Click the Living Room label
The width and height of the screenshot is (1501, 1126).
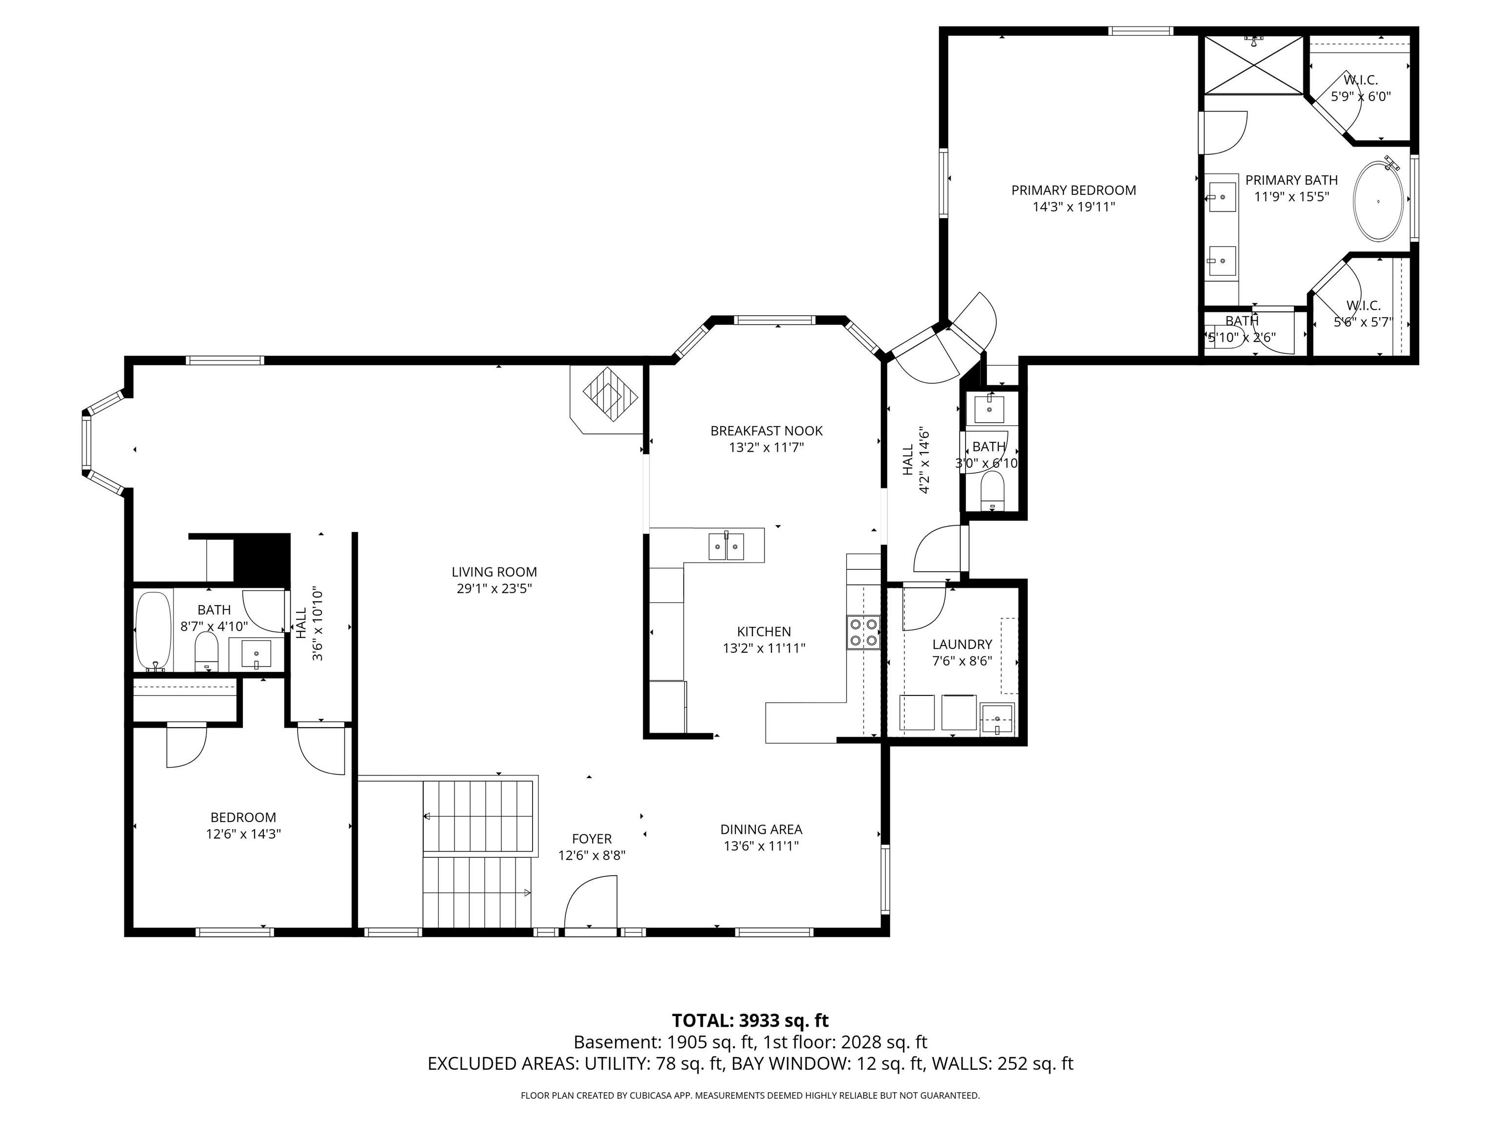click(x=494, y=572)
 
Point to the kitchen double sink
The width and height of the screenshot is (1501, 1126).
click(x=726, y=546)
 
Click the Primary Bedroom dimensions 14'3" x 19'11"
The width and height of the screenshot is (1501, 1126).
click(x=1073, y=207)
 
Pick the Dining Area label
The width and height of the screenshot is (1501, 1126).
click(x=761, y=829)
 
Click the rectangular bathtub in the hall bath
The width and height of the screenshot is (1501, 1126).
click(x=154, y=631)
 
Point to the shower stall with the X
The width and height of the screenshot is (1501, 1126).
click(x=1254, y=65)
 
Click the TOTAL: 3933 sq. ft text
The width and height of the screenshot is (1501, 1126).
click(x=750, y=1021)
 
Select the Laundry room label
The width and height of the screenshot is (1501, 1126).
click(x=962, y=644)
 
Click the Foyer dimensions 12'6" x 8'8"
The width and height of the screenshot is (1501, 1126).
click(x=592, y=856)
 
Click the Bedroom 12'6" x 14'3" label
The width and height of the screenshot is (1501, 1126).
click(x=244, y=826)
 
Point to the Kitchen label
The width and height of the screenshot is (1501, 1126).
click(x=764, y=632)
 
